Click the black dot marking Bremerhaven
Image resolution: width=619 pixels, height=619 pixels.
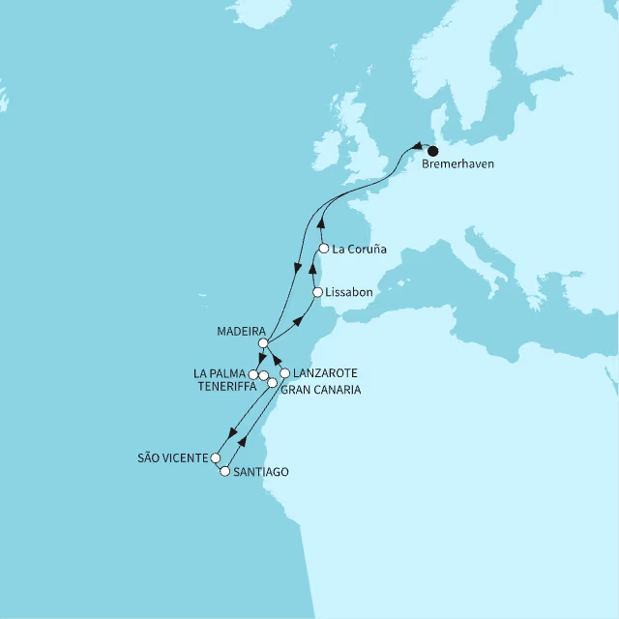432,151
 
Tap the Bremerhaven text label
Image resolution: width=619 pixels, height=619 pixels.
458,165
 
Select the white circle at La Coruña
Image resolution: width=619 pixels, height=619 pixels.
324,249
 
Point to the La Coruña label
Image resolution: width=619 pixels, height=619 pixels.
360,249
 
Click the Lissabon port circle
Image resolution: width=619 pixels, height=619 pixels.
317,292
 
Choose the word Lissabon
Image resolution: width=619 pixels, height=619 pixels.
350,292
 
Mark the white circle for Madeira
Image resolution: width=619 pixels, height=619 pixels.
263,343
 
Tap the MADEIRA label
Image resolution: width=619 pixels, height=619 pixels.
242,330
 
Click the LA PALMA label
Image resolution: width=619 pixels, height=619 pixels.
220,372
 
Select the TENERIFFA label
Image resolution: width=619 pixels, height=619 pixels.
224,386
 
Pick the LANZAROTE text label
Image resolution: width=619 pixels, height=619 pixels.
325,372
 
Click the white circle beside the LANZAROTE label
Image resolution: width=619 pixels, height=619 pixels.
285,373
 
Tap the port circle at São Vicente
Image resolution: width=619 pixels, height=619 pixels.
217,458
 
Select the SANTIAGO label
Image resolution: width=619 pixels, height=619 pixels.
260,472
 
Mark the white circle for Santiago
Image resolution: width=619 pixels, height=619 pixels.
225,472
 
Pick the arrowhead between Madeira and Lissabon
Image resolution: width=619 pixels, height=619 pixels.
298,321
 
